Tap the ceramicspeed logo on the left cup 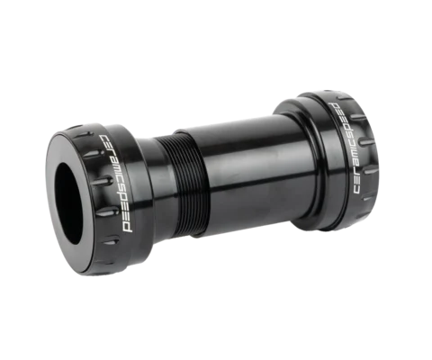coord(116,184)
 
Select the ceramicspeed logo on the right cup coord(346,148)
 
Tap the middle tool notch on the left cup coord(102,181)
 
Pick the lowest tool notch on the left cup coord(111,241)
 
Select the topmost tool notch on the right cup coord(345,98)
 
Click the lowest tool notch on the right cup coord(368,198)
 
